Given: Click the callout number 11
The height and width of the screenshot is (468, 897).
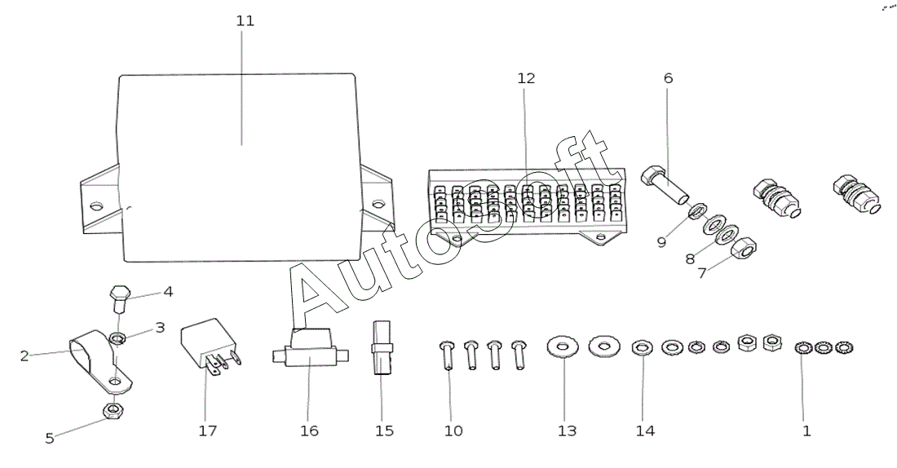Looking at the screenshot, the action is [245, 21].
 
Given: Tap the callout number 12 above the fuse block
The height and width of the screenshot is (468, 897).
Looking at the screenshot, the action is [526, 78].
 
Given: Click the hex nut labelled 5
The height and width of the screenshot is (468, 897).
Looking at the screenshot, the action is [113, 410].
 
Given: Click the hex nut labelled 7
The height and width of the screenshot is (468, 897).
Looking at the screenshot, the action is [744, 248].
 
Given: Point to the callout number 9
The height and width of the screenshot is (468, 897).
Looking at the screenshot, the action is [661, 243].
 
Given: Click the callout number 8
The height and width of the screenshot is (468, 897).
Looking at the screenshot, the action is [690, 259].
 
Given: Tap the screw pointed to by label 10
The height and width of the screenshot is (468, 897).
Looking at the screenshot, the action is [448, 355].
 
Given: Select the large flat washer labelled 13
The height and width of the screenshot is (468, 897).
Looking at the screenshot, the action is [563, 346].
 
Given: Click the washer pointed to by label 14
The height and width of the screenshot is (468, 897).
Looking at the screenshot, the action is [643, 347].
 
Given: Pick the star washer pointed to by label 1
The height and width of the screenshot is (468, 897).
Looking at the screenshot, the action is [804, 347].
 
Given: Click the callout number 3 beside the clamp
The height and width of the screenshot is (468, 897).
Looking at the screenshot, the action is [160, 328].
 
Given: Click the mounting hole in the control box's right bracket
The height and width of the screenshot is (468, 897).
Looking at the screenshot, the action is [378, 203].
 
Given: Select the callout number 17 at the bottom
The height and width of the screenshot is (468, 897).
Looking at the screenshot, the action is [208, 430].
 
